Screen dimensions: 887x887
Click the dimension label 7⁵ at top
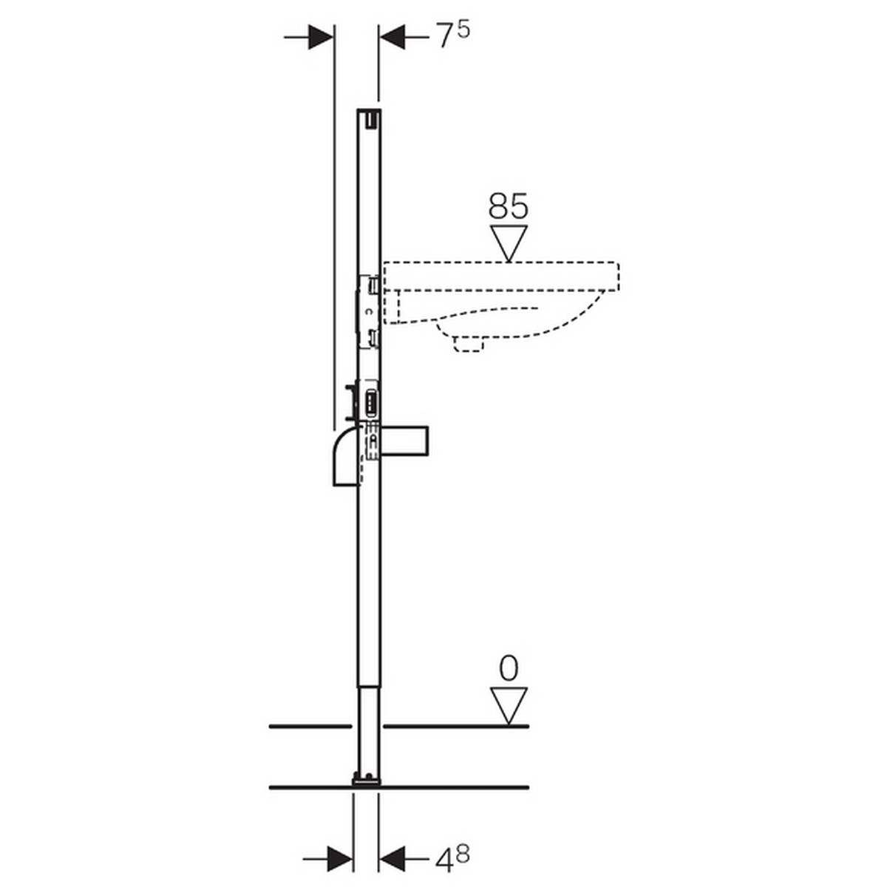tap(452, 36)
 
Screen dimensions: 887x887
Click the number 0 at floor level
tap(509, 670)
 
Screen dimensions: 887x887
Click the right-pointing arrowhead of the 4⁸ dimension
tap(339, 858)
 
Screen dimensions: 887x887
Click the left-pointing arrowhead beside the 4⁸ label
tap(394, 858)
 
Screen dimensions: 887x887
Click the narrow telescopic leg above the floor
tap(368, 728)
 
